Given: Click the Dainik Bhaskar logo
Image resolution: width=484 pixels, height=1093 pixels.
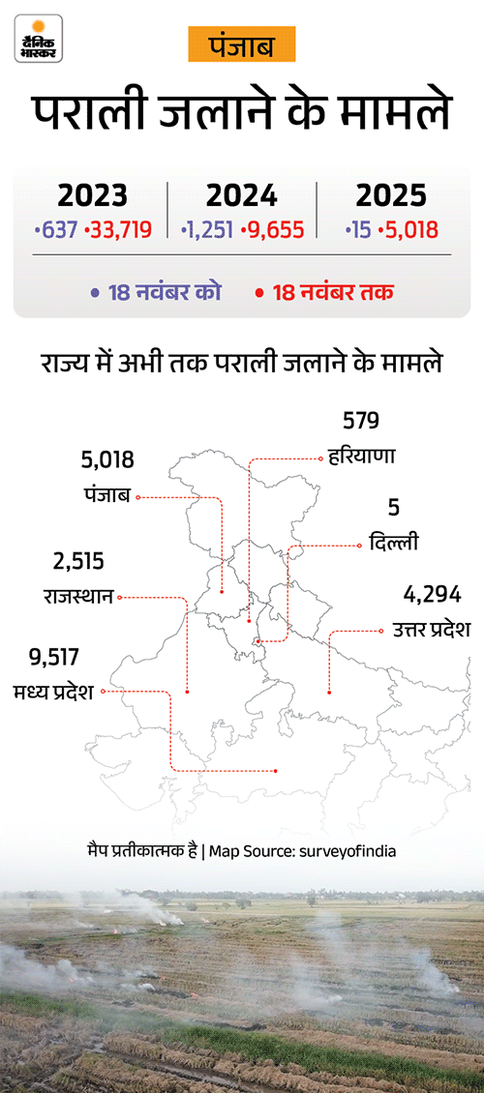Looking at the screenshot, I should (x=39, y=40).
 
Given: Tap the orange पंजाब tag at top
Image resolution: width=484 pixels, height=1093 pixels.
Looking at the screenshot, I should (x=241, y=45).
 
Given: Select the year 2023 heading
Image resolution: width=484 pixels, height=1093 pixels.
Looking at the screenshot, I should (x=92, y=196).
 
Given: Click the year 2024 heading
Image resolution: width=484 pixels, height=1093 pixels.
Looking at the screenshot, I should (x=242, y=196).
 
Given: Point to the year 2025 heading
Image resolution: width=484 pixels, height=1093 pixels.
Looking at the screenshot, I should (x=391, y=196).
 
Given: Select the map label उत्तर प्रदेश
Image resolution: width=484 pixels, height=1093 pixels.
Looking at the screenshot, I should (x=431, y=630).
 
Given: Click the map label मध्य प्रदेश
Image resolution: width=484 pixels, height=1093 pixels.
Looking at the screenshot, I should (x=52, y=693).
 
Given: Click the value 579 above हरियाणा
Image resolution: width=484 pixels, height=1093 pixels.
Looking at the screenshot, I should (x=360, y=421).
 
